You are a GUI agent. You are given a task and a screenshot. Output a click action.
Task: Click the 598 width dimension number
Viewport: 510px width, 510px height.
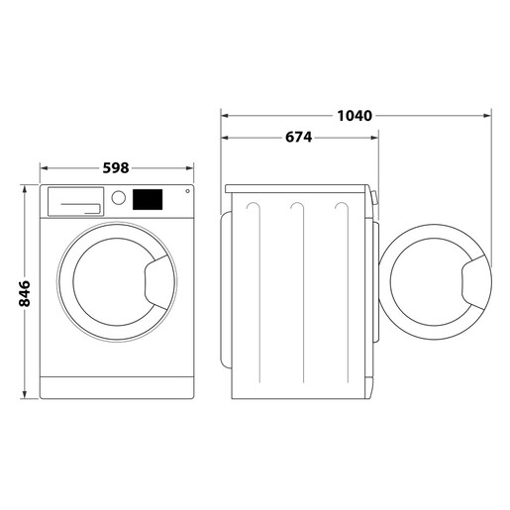pyautogui.click(x=117, y=167)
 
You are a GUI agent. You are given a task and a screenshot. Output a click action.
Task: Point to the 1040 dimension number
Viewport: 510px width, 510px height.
pyautogui.click(x=354, y=116)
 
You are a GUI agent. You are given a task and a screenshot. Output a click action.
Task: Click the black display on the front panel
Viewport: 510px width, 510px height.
pyautogui.click(x=148, y=199)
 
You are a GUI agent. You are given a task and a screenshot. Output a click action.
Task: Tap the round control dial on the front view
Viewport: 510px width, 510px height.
pyautogui.click(x=119, y=198)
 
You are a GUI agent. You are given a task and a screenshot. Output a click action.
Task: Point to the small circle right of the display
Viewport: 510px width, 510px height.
pyautogui.click(x=185, y=193)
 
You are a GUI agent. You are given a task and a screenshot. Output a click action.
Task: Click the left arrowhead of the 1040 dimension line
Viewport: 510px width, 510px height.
pyautogui.click(x=225, y=116)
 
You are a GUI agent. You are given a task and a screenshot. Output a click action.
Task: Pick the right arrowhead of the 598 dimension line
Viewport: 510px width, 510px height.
pyautogui.click(x=190, y=168)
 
